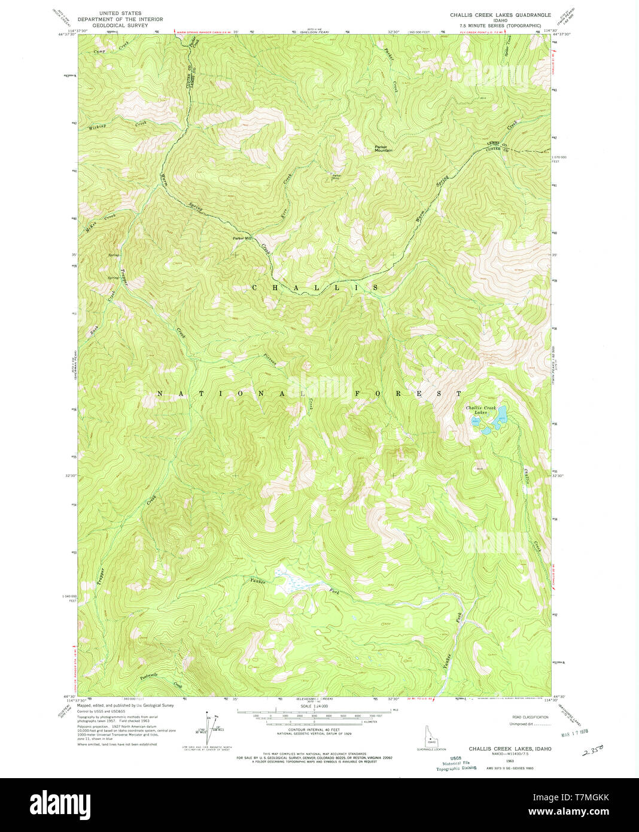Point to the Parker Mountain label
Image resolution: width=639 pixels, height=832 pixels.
click(x=383, y=148)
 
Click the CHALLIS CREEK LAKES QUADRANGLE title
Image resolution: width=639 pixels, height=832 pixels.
click(x=500, y=14)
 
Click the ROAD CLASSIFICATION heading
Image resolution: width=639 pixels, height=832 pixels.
click(x=530, y=716)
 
